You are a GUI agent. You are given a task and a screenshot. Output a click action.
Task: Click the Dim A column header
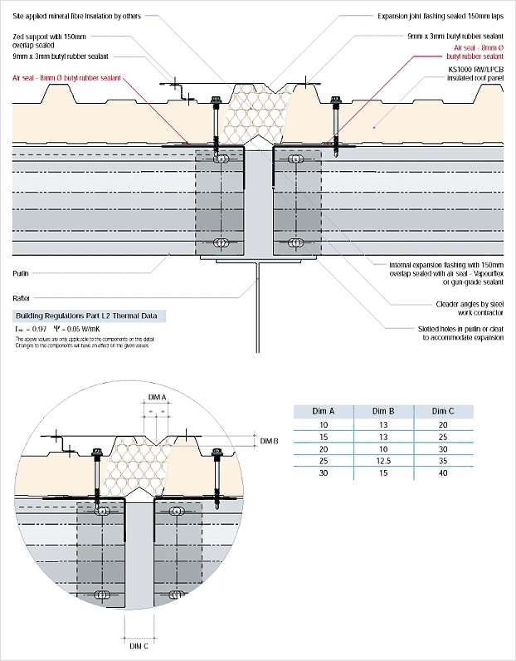pyautogui.click(x=324, y=411)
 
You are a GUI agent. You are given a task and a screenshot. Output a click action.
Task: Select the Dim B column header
pyautogui.click(x=382, y=411)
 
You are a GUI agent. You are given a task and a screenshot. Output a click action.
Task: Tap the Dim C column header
pyautogui.click(x=443, y=411)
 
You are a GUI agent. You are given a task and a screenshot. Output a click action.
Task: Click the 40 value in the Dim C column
pyautogui.click(x=443, y=473)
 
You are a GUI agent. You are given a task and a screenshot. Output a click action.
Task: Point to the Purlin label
pyautogui.click(x=22, y=272)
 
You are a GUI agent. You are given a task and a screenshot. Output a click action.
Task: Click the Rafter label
pyautogui.click(x=22, y=296)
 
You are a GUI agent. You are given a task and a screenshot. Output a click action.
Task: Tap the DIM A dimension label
pyautogui.click(x=158, y=398)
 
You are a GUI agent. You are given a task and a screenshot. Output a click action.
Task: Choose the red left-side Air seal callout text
pyautogui.click(x=67, y=77)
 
